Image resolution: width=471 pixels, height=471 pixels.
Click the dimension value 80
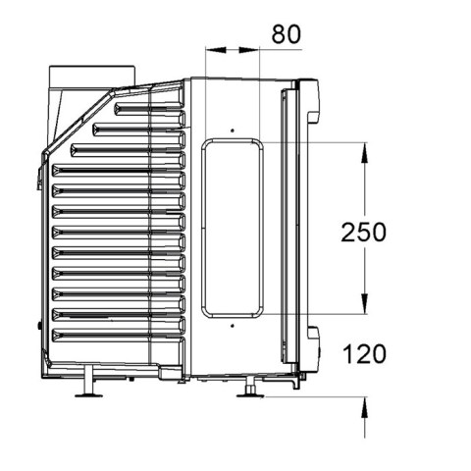pyautogui.click(x=286, y=34)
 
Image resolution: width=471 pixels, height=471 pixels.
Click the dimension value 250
pyautogui.click(x=363, y=233)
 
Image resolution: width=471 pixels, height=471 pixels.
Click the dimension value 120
pyautogui.click(x=364, y=354)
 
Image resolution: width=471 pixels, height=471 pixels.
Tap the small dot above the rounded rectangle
pyautogui.click(x=233, y=131)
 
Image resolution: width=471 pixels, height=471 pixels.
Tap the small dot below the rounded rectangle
pyautogui.click(x=233, y=326)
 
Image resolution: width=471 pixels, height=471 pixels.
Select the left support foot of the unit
pyautogui.click(x=88, y=382)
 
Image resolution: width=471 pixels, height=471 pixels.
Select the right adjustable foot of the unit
pyautogui.click(x=250, y=388)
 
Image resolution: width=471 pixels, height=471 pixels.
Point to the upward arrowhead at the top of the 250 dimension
pyautogui.click(x=365, y=152)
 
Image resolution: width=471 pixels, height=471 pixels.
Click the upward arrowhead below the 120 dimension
pyautogui.click(x=365, y=407)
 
